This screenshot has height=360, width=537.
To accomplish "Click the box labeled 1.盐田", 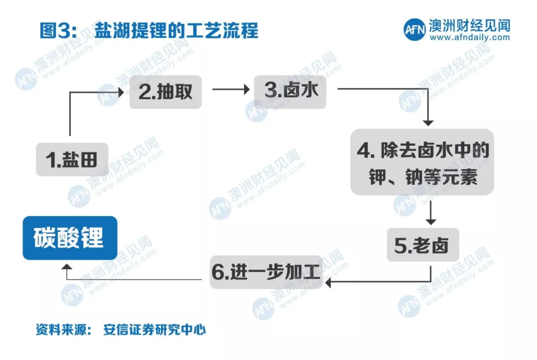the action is point(72,159).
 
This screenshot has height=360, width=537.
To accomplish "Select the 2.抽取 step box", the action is point(166,91).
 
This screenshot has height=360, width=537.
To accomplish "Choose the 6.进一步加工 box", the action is point(267,272).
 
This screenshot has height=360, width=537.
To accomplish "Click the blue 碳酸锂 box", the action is point(70,238).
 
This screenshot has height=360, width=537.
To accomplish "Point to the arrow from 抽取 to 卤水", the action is point(230,90).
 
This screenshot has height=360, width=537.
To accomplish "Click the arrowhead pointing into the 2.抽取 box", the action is point(120,91).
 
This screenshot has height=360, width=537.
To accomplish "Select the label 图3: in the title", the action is point(58,31).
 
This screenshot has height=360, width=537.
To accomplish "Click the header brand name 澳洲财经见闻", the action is point(469,25).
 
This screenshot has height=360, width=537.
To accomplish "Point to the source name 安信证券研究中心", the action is point(155,330).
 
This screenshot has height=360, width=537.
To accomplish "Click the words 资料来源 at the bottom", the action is point(61,330).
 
